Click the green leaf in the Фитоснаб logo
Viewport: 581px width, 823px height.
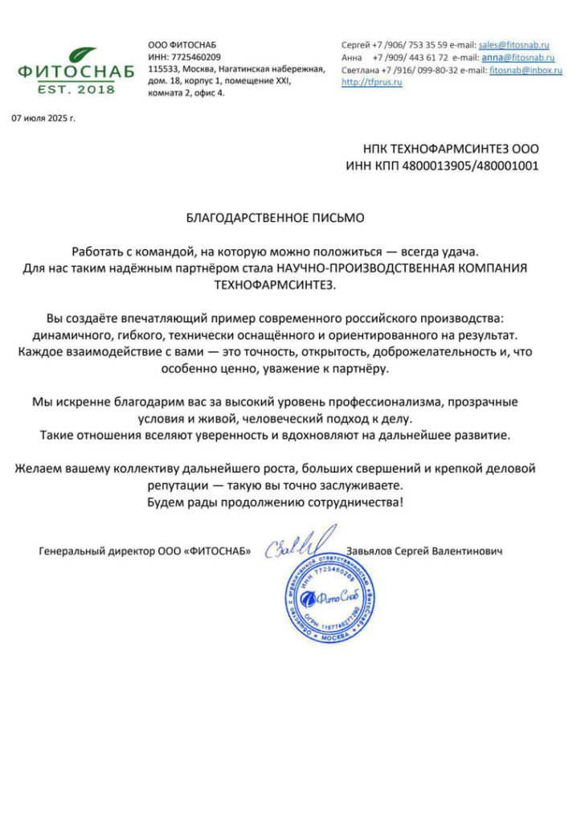tap(82, 55)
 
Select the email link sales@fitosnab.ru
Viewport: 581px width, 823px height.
tap(513, 44)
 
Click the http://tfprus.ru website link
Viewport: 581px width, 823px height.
tap(371, 83)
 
